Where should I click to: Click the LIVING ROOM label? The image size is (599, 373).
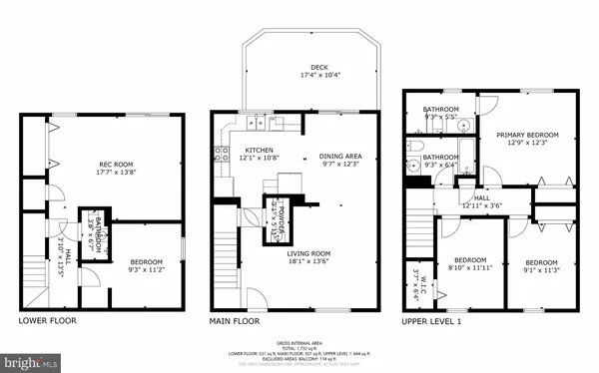click(x=308, y=252)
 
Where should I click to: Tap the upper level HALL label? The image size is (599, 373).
click(x=481, y=197)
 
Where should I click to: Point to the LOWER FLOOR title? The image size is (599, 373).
click(x=49, y=321)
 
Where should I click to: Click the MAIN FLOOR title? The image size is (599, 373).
click(x=234, y=321)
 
